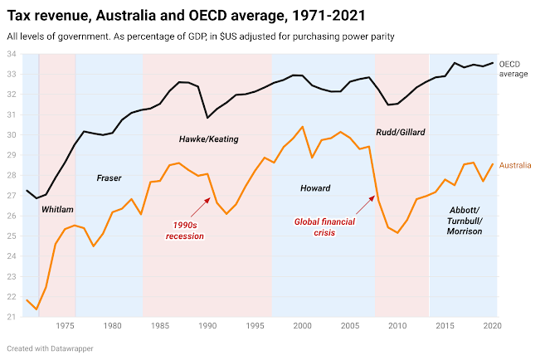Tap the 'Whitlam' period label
click(x=57, y=210)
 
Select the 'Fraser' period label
click(x=109, y=178)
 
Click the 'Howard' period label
click(x=315, y=188)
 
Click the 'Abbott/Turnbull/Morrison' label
click(x=465, y=220)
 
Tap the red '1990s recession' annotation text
click(x=187, y=231)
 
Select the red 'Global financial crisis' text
click(x=329, y=226)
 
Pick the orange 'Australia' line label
click(x=514, y=165)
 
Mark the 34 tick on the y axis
click(x=12, y=54)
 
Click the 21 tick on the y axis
click(x=12, y=317)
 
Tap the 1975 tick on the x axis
click(x=66, y=326)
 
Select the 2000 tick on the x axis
click(x=302, y=326)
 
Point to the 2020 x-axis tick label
click(x=491, y=326)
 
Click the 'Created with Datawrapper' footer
click(x=49, y=348)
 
